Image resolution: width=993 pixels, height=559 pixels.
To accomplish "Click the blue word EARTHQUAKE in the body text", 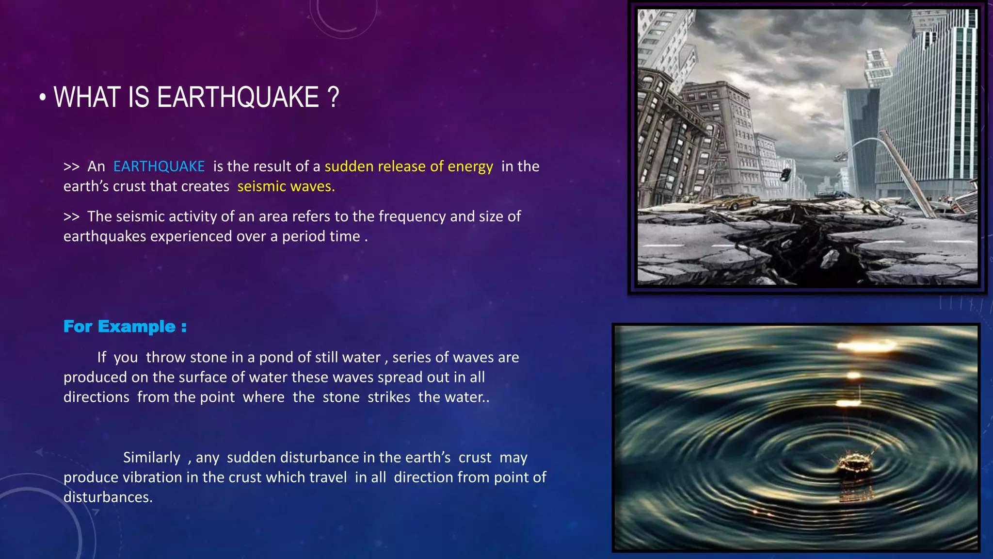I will (159, 166).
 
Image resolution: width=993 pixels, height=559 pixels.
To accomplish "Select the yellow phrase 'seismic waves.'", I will (286, 186).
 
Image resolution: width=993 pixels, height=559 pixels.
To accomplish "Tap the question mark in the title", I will (333, 97).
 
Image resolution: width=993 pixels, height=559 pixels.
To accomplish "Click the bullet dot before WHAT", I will (43, 98).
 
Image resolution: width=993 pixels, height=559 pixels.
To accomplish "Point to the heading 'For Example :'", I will (125, 327).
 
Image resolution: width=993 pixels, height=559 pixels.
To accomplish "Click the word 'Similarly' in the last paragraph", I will (151, 458).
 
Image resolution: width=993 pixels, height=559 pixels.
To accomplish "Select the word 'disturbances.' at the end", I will (108, 497).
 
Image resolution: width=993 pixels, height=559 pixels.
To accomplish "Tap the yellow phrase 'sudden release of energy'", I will (408, 166).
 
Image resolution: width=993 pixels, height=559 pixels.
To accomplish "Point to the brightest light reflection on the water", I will (866, 346).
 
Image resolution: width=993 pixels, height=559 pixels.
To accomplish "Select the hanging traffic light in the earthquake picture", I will (785, 175).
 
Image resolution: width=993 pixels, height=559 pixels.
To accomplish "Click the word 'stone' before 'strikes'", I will (341, 397).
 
